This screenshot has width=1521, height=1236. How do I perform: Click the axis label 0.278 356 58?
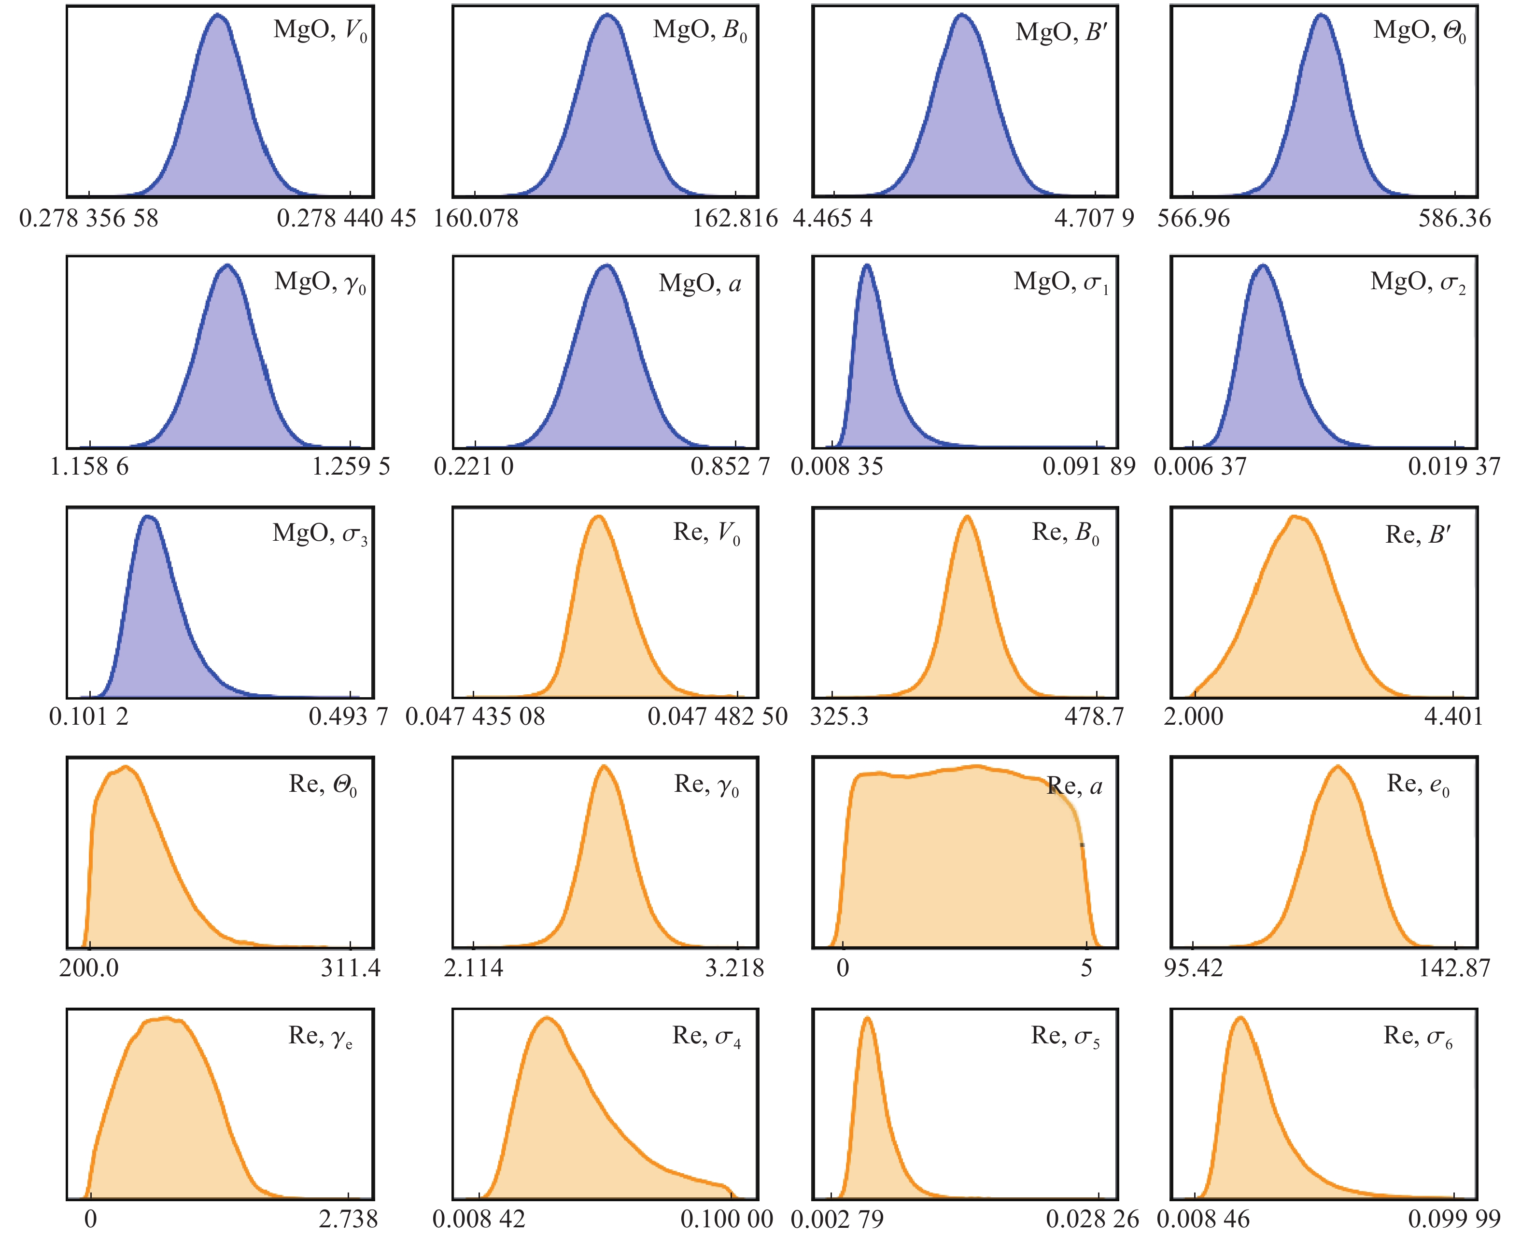(89, 218)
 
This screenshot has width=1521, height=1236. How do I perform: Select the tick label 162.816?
(735, 218)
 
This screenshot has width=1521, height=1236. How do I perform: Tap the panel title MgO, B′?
(1061, 32)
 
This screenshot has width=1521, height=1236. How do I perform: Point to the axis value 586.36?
(1454, 218)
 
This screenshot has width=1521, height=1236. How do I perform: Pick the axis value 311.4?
(351, 968)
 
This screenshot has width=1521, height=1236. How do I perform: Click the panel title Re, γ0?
(706, 785)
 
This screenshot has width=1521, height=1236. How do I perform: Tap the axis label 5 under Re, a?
(1086, 968)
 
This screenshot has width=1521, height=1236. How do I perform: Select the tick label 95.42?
(1194, 968)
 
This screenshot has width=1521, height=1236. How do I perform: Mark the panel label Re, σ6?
(1418, 1037)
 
